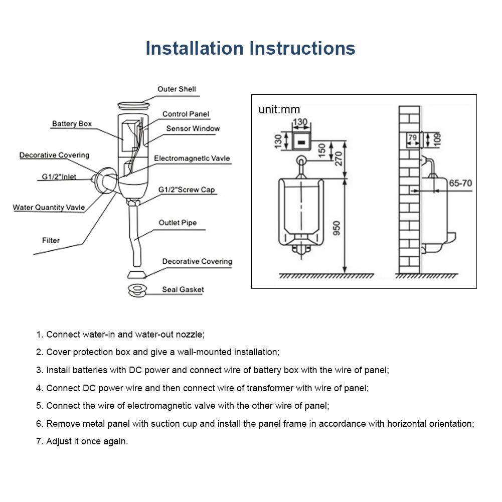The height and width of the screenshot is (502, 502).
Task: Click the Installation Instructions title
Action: click(250, 49)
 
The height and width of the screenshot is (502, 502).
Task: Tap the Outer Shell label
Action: click(177, 89)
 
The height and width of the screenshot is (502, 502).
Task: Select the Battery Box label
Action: click(72, 124)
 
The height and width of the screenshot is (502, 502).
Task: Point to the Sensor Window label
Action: click(193, 128)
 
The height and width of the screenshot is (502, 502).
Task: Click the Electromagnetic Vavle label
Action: click(192, 158)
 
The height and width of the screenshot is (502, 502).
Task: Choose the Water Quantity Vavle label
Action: click(49, 208)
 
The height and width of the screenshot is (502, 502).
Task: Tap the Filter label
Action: click(51, 240)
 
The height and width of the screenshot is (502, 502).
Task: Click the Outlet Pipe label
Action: click(178, 223)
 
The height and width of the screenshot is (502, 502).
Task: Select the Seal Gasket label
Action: click(183, 289)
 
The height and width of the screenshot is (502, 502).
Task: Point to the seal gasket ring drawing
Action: click(136, 289)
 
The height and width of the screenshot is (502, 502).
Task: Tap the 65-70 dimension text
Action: click(460, 184)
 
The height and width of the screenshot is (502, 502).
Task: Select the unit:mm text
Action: click(279, 109)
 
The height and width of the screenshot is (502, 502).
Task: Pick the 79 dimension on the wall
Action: click(413, 137)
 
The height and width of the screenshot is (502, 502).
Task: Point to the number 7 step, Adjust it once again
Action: click(82, 442)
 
